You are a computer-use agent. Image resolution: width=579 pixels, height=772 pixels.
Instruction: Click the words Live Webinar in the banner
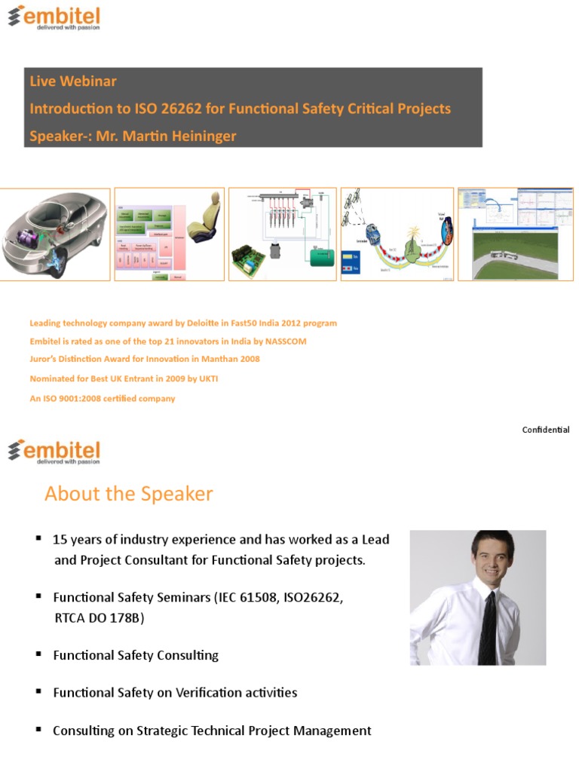click(x=73, y=81)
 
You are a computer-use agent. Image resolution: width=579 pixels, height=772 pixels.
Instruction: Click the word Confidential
click(x=546, y=430)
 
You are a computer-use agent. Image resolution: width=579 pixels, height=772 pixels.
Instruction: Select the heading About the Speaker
click(x=129, y=495)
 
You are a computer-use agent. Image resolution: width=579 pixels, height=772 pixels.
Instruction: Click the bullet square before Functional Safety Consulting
click(x=38, y=654)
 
